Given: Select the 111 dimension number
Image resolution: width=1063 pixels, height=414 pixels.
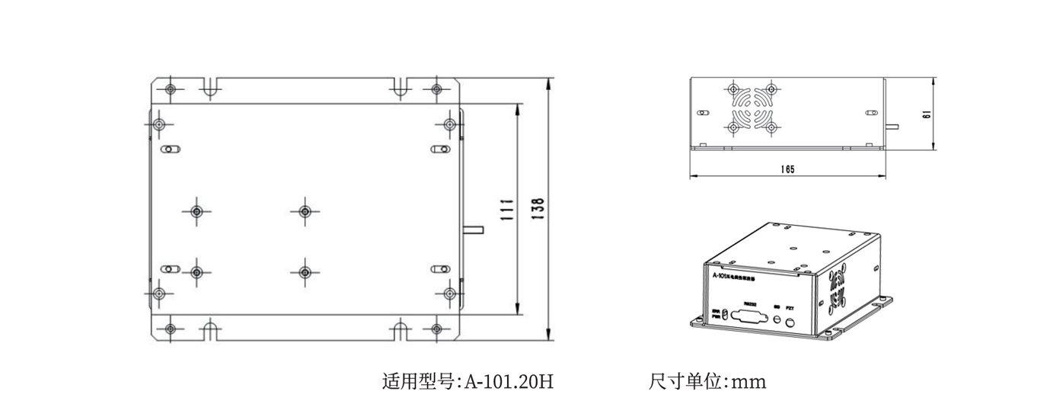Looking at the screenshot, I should [x=506, y=210].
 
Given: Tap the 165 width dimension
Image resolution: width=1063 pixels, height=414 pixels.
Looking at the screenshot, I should [x=787, y=169].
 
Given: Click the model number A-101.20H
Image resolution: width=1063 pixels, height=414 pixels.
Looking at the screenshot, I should [x=509, y=380].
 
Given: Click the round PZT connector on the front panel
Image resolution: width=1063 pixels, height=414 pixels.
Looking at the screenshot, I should [x=790, y=323].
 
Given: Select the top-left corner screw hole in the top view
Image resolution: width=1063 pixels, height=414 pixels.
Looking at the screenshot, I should [x=170, y=88].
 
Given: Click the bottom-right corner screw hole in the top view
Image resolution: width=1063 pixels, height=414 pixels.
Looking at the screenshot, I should [x=436, y=329].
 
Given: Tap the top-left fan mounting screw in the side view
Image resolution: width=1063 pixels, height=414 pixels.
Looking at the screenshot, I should [x=733, y=88].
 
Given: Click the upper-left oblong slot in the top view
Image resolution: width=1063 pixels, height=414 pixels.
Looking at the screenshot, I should [x=171, y=149].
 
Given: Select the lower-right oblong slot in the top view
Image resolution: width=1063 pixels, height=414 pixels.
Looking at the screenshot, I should [x=439, y=268].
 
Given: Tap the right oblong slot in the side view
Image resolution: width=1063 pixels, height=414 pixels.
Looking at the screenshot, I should [x=870, y=112].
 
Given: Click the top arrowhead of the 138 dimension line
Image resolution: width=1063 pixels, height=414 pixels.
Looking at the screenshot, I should [x=549, y=82].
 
